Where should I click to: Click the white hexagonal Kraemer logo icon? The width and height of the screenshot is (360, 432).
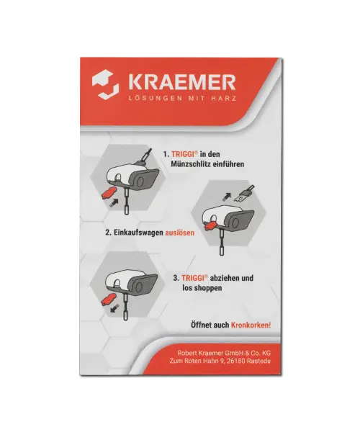coord(106,84)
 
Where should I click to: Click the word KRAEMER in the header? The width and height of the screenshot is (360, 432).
coord(182,82)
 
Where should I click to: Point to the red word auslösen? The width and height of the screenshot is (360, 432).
coord(179,233)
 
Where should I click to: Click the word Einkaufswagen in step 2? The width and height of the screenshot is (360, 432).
coord(138,233)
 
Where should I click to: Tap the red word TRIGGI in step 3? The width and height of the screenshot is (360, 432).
coord(193,278)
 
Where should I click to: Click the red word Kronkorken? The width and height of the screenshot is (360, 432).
coord(251,325)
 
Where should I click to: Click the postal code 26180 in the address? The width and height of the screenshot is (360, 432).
coord(235,361)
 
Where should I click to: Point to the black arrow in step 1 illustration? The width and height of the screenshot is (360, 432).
coord(114,202)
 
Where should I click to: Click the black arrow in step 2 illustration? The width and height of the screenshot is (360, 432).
coord(227,196)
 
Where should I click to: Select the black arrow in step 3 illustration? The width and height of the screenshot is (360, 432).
coord(114,308)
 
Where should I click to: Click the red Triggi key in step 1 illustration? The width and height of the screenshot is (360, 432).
coord(109,192)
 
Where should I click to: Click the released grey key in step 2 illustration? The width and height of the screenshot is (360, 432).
coord(243,194)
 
